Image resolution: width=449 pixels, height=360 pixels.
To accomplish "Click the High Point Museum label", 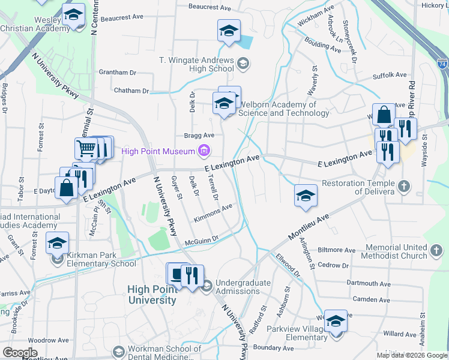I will [158, 151].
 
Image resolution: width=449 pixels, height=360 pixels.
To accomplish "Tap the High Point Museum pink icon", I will [205, 151].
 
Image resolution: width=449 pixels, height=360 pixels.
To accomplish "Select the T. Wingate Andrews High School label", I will [196, 64].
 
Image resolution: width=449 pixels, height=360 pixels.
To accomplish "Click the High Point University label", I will [152, 295].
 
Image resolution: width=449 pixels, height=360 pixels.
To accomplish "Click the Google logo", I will [20, 353].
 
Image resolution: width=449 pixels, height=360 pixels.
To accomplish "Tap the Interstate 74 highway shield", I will [442, 62].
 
